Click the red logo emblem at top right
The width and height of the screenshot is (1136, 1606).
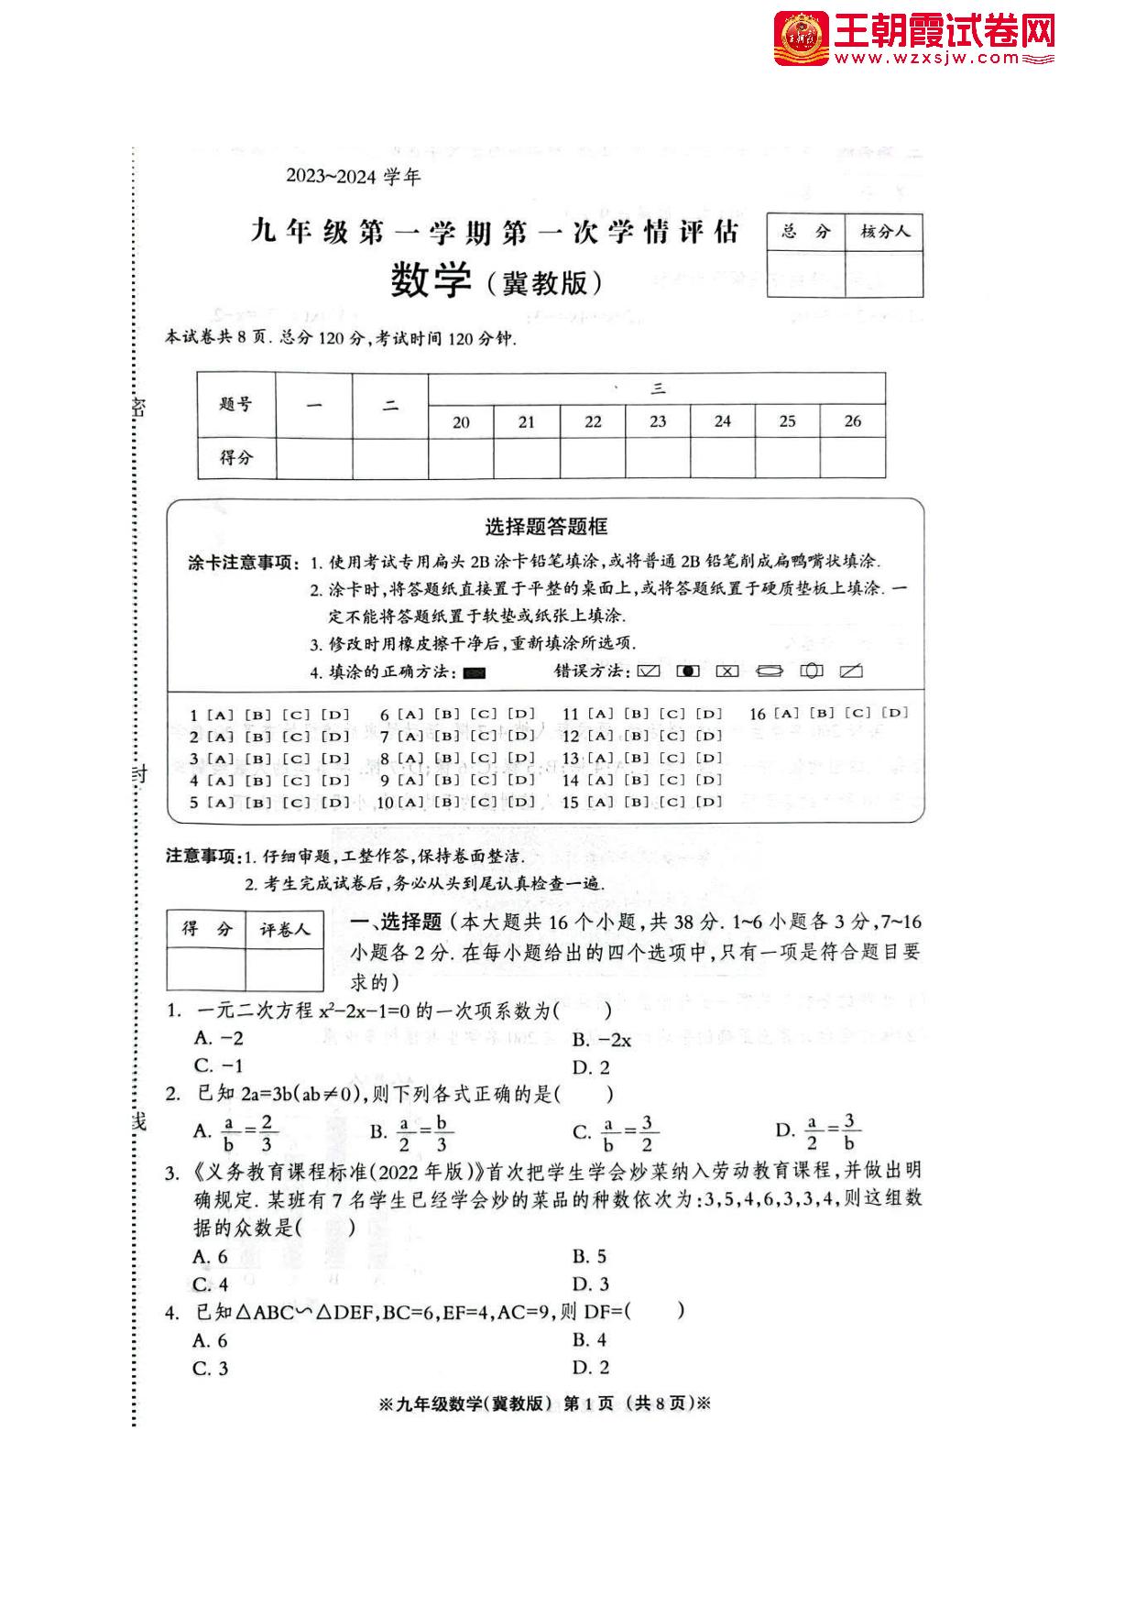click(801, 39)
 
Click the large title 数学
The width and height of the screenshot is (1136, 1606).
click(431, 280)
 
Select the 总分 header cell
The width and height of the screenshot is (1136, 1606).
click(805, 232)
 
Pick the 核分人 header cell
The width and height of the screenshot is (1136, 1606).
click(884, 232)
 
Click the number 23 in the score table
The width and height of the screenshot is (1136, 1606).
click(658, 421)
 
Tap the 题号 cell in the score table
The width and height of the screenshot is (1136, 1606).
click(235, 404)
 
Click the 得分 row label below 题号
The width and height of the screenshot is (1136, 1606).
click(235, 457)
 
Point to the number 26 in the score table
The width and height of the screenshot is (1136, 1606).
click(852, 421)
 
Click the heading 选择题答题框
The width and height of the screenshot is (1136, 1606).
click(545, 527)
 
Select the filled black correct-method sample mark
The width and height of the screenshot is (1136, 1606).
click(474, 672)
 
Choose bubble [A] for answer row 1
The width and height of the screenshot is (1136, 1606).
click(221, 715)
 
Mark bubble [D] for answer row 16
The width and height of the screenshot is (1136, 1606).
click(894, 713)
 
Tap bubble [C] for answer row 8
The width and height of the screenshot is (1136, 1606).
click(484, 759)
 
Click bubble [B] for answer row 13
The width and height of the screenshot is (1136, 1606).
click(637, 759)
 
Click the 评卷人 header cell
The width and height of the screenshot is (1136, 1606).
click(284, 930)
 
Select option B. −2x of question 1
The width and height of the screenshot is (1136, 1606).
click(602, 1040)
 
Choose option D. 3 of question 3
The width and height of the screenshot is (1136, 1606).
click(591, 1284)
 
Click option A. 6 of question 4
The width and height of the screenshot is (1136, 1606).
click(211, 1341)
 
